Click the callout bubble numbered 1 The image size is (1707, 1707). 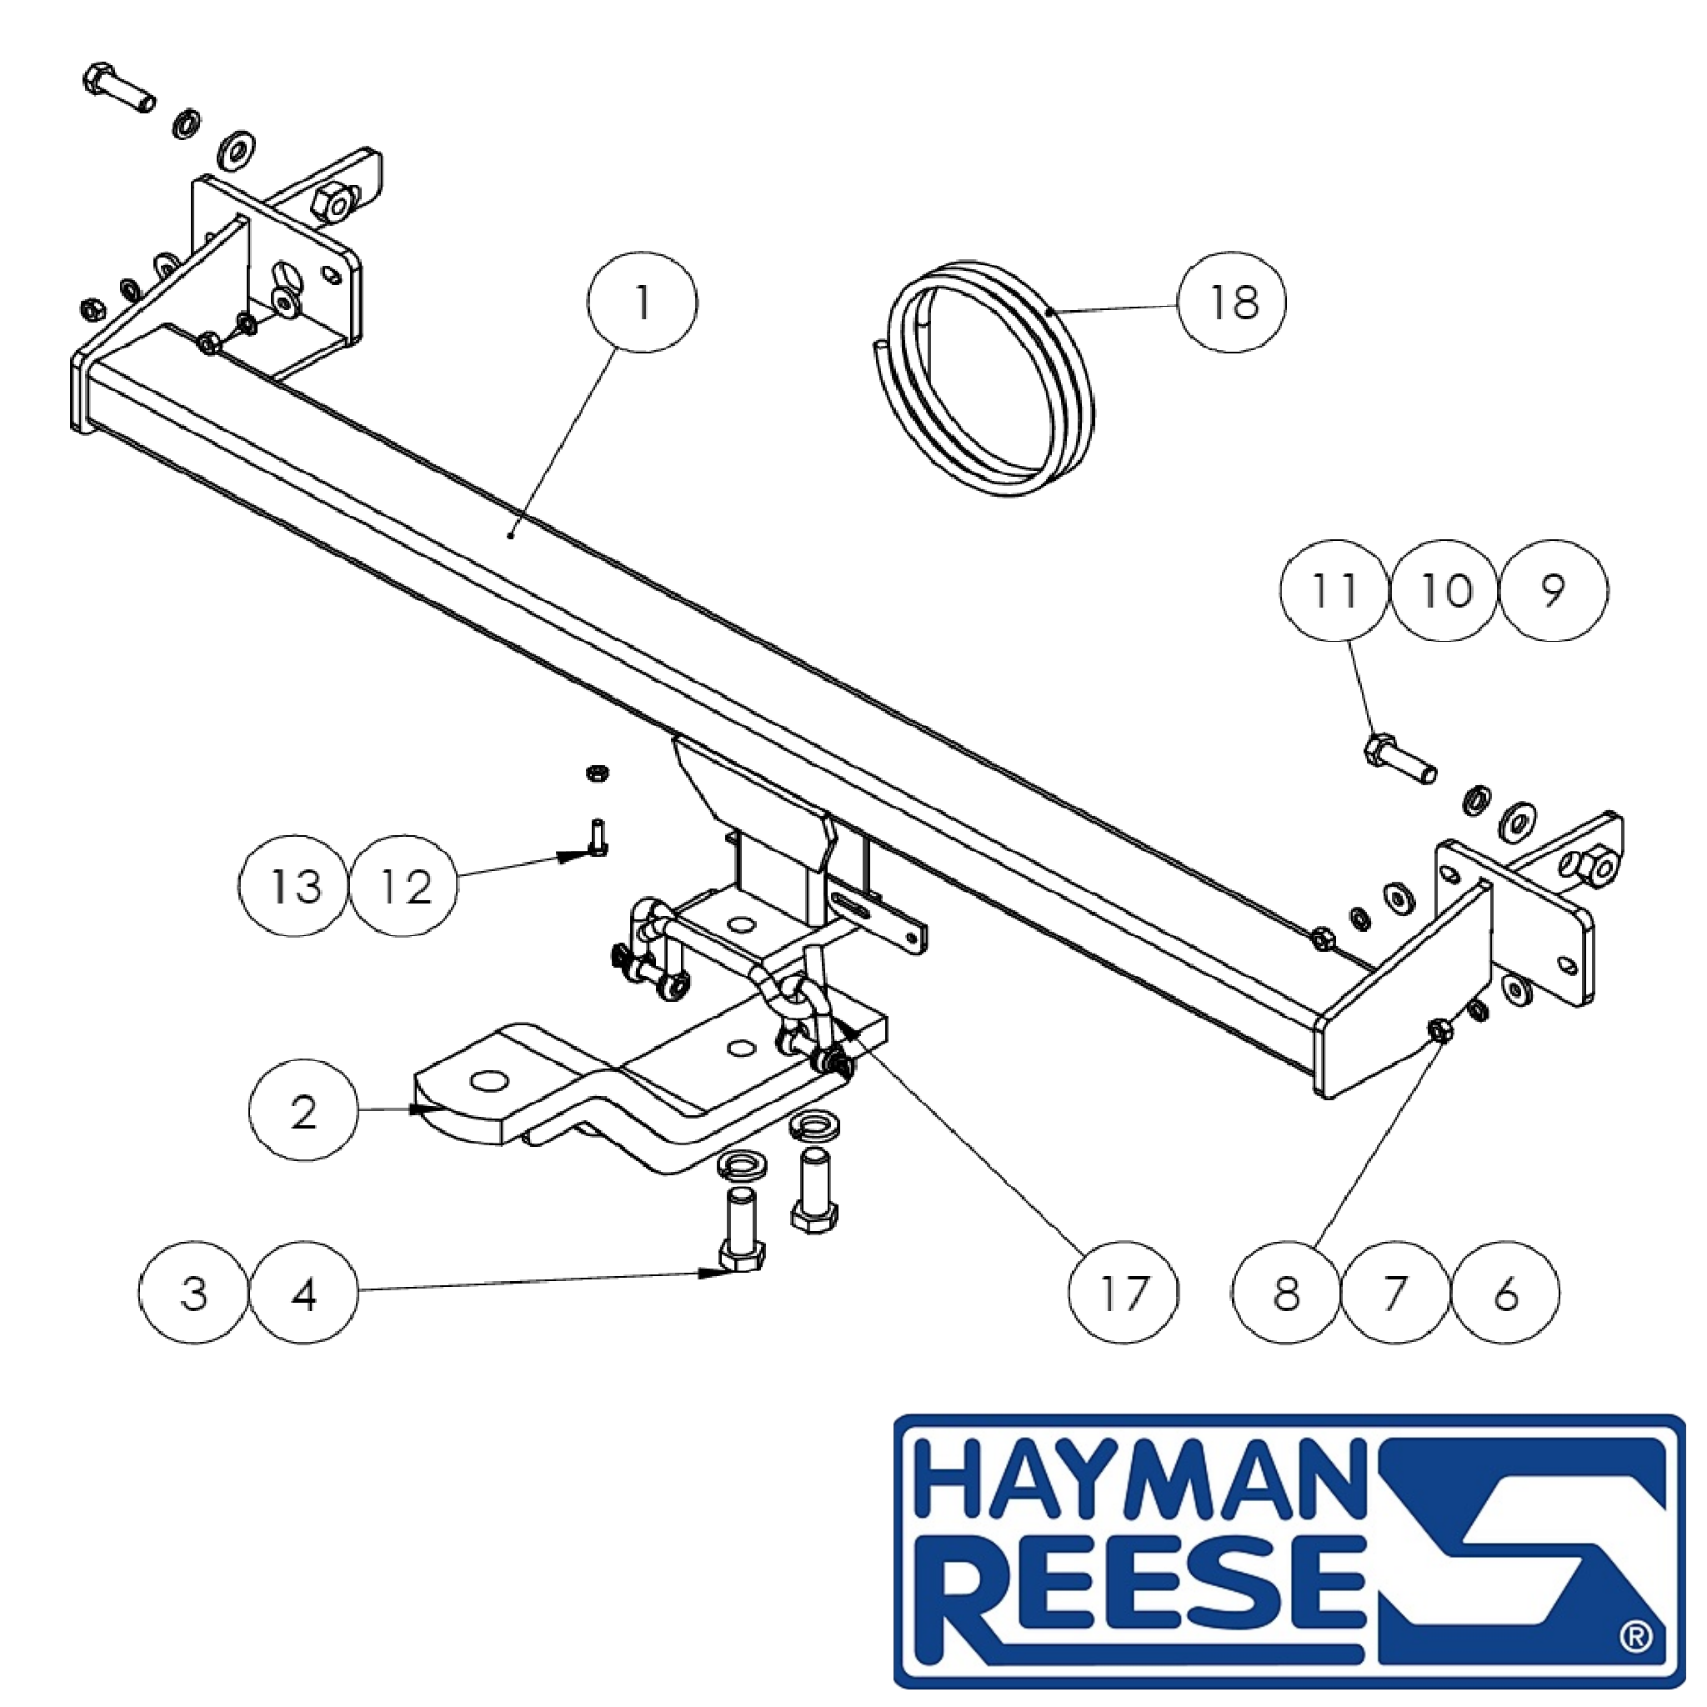coord(643,303)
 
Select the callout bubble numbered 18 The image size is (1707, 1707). coord(1233,303)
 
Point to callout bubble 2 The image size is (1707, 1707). coord(304,1112)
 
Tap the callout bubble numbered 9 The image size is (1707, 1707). coord(1554,590)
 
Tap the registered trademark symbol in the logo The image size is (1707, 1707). coord(1635,1662)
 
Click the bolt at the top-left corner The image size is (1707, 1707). coord(118,88)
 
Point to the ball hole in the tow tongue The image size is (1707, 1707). coord(488,1081)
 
